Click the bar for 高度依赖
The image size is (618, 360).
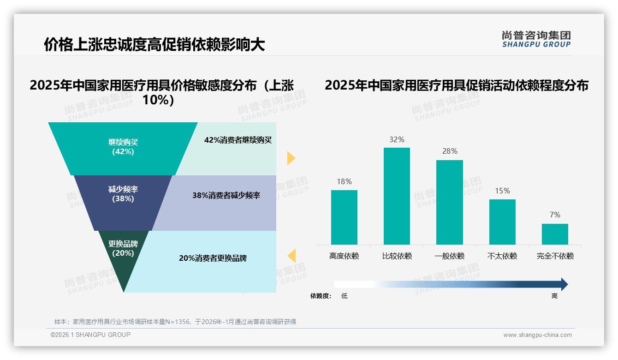[344, 217]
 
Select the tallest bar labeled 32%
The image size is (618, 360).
[397, 196]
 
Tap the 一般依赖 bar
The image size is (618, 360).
[450, 202]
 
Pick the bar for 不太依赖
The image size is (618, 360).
[502, 222]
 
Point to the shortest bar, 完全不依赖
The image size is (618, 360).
[555, 234]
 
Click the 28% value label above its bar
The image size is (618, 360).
[450, 151]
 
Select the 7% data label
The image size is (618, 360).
[555, 215]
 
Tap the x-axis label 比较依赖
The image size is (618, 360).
[397, 256]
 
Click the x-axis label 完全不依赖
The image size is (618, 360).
[555, 256]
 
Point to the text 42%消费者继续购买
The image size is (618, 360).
[238, 140]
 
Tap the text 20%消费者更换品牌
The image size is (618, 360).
[213, 258]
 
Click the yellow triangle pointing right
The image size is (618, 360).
[291, 158]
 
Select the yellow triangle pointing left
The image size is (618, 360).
[292, 255]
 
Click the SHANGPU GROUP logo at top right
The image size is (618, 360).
[536, 39]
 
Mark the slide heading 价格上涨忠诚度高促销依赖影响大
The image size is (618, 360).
[154, 45]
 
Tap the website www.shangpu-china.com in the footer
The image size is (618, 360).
[537, 335]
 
